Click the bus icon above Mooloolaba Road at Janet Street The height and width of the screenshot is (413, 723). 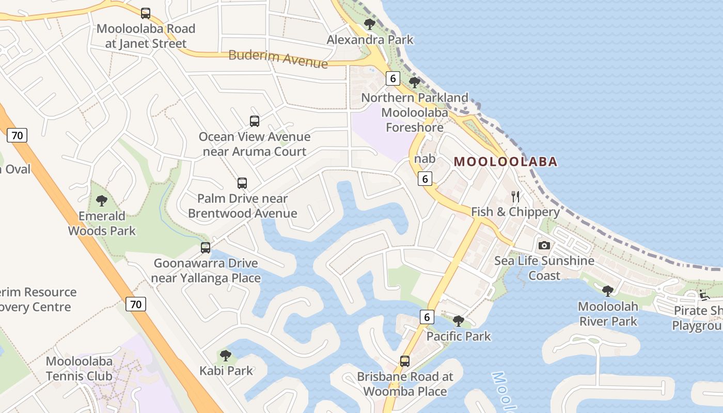pos(146,13)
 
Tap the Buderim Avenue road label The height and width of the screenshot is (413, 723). pos(278,58)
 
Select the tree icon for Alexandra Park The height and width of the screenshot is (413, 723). pos(370,24)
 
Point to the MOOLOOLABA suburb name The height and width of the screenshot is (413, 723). pos(506,162)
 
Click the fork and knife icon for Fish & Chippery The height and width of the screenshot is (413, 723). pos(515,196)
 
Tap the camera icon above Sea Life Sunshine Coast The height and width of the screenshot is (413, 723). pos(544,246)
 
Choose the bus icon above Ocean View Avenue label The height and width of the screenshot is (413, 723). pos(255,121)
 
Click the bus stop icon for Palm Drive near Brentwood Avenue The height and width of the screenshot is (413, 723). pos(242,183)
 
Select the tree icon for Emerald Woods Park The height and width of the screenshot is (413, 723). pos(102,201)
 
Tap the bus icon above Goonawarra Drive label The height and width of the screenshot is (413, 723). pos(206,248)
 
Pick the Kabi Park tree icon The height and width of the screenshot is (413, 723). pos(226,355)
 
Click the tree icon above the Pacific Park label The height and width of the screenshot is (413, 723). pos(458,321)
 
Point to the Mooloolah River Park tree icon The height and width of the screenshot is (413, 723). pos(608,291)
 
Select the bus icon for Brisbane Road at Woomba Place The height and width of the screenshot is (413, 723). pos(405,361)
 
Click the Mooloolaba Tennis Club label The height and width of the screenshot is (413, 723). pos(79,369)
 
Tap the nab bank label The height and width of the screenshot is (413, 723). pos(425,159)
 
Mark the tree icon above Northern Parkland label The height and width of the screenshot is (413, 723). pos(414,82)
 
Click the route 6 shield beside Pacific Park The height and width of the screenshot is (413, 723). pos(427,316)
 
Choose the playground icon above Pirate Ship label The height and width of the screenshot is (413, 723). pos(704,295)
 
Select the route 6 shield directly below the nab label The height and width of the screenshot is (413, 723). pos(425,179)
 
